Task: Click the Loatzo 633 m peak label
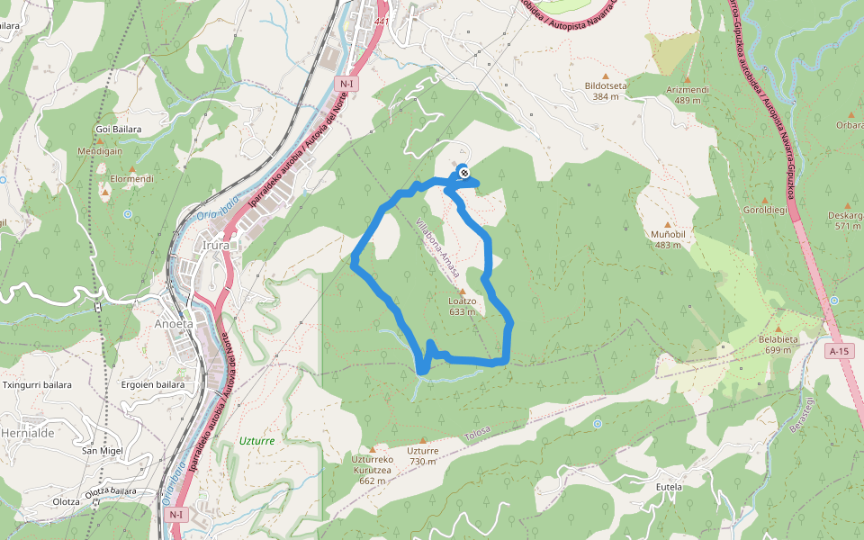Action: click(462, 306)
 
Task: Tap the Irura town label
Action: click(216, 245)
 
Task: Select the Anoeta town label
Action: click(174, 324)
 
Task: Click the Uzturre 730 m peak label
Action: click(422, 455)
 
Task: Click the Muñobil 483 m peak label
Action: click(668, 238)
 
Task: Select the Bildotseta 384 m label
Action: click(605, 91)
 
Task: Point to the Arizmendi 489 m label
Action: click(688, 94)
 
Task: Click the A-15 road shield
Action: click(839, 351)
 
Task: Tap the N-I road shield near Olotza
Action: click(175, 515)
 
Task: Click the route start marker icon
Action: click(463, 172)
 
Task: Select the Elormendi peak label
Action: click(131, 179)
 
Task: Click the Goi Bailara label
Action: click(118, 129)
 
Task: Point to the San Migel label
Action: click(102, 450)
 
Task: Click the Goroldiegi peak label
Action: click(765, 210)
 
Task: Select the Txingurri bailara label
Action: click(37, 384)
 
